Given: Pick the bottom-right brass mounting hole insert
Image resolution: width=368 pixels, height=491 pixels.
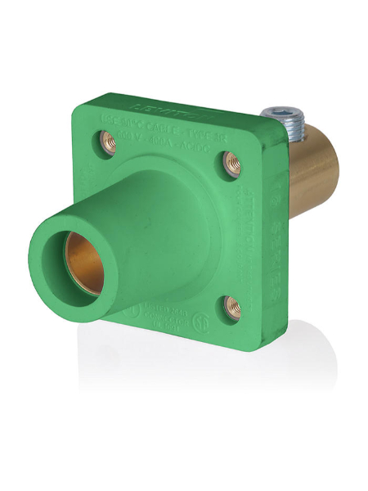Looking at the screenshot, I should point(232,307).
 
